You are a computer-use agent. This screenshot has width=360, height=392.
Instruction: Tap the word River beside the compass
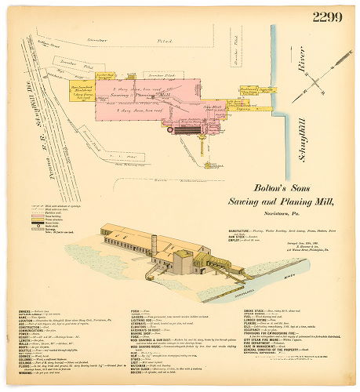click(300, 77)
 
